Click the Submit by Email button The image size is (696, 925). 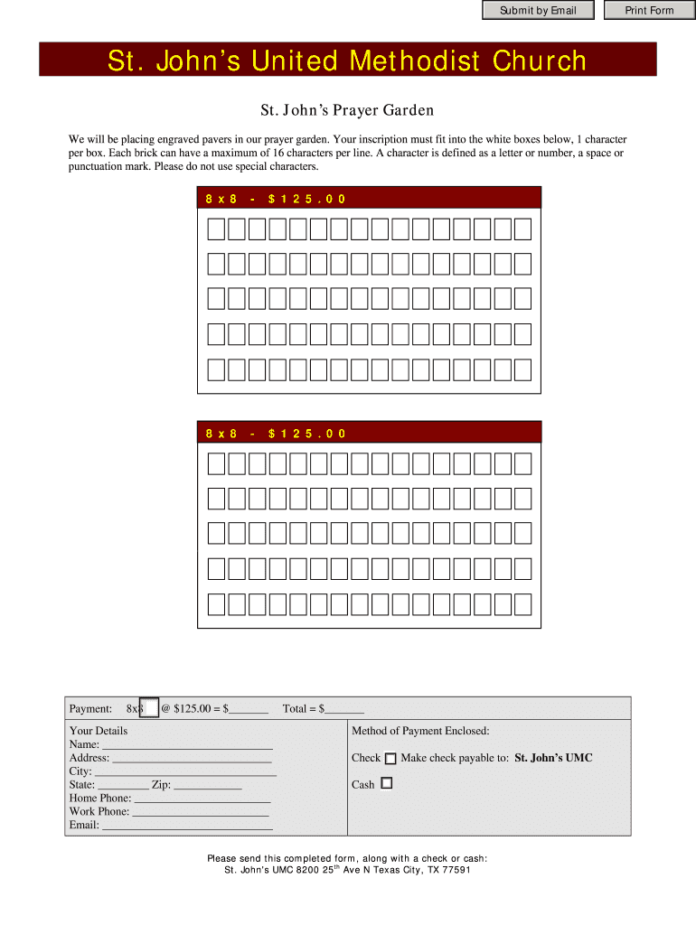pyautogui.click(x=538, y=11)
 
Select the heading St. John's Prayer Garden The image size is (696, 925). pyautogui.click(x=347, y=110)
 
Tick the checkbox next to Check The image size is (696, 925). pyautogui.click(x=390, y=759)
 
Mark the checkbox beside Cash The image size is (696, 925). pyautogui.click(x=387, y=784)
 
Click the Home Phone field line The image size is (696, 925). pyautogui.click(x=202, y=800)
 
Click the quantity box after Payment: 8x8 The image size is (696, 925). pyautogui.click(x=152, y=709)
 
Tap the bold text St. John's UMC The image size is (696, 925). pyautogui.click(x=553, y=758)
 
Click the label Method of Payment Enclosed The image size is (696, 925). pyautogui.click(x=420, y=731)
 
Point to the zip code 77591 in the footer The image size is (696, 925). pyautogui.click(x=455, y=871)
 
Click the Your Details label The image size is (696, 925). pyautogui.click(x=99, y=731)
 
